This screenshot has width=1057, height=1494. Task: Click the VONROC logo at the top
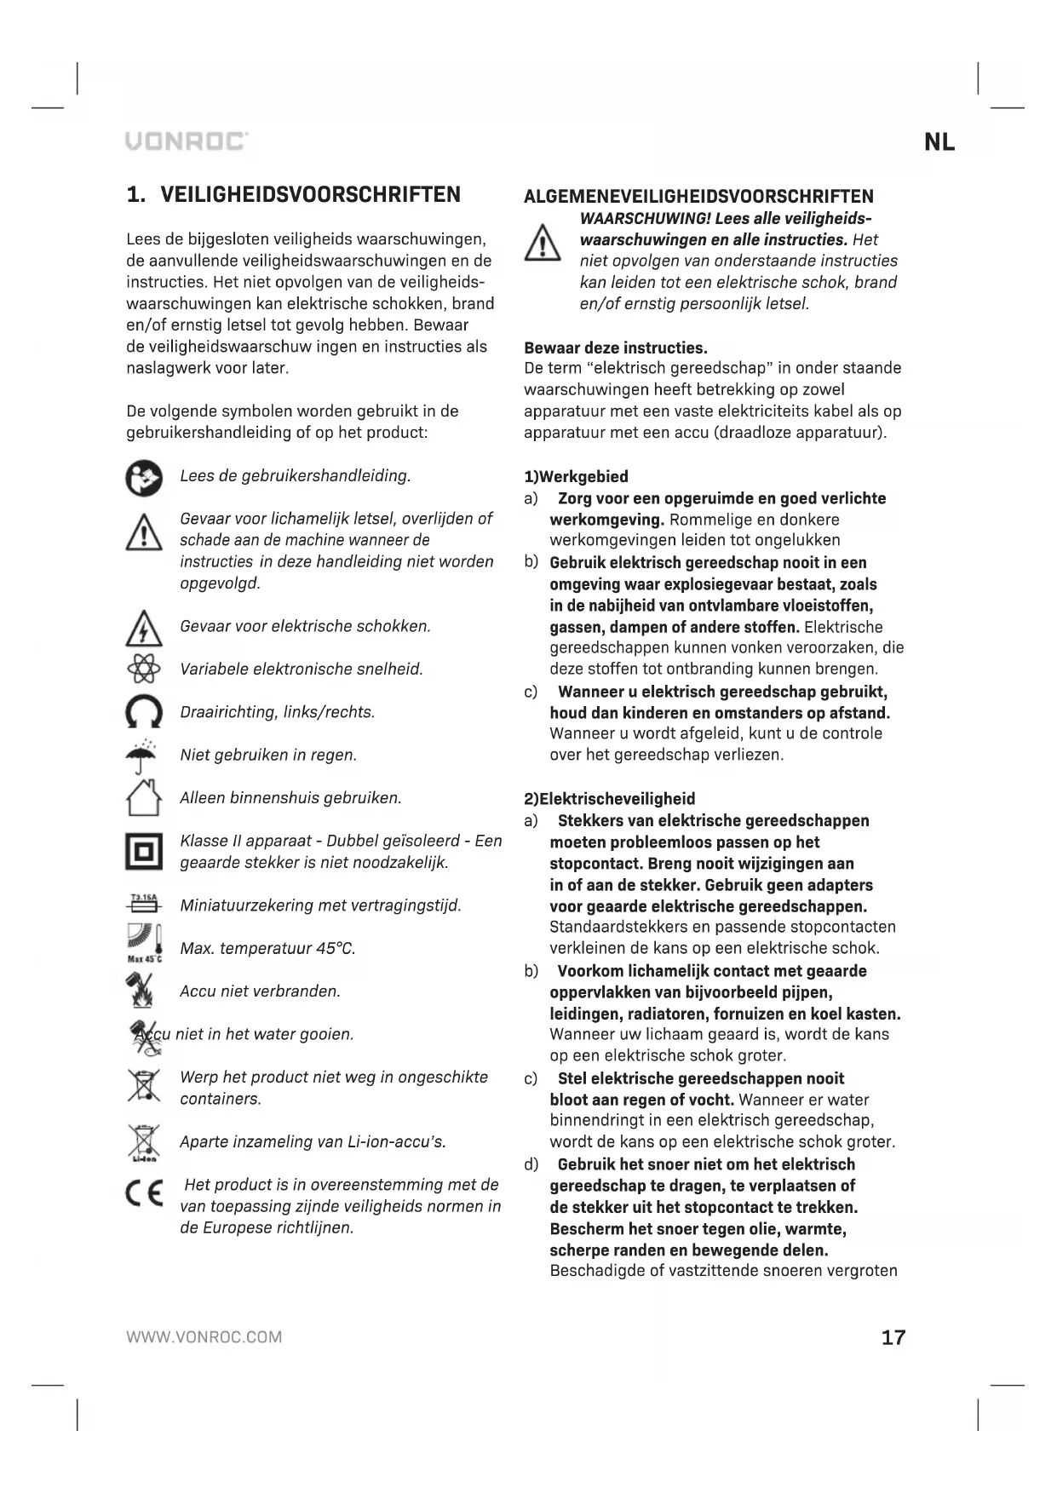click(187, 141)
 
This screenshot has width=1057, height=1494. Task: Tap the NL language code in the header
click(939, 142)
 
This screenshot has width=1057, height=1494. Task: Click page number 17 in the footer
click(893, 1337)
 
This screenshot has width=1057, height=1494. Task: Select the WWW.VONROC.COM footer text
click(204, 1337)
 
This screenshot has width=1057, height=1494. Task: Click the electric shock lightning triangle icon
click(144, 629)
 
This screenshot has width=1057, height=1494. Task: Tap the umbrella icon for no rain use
click(144, 755)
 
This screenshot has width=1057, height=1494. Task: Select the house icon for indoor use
click(144, 798)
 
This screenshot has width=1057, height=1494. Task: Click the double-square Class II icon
click(144, 851)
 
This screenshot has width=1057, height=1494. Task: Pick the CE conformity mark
click(144, 1195)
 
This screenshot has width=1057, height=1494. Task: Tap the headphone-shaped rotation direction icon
click(144, 712)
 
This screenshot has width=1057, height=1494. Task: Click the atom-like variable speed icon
click(144, 669)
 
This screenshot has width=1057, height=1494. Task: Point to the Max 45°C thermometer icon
click(144, 943)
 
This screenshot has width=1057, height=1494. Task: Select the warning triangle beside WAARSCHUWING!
click(542, 243)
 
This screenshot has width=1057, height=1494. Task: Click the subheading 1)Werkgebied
click(576, 477)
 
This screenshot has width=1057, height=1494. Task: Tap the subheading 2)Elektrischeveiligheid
click(609, 799)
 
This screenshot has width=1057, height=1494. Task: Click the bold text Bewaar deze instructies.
click(616, 348)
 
